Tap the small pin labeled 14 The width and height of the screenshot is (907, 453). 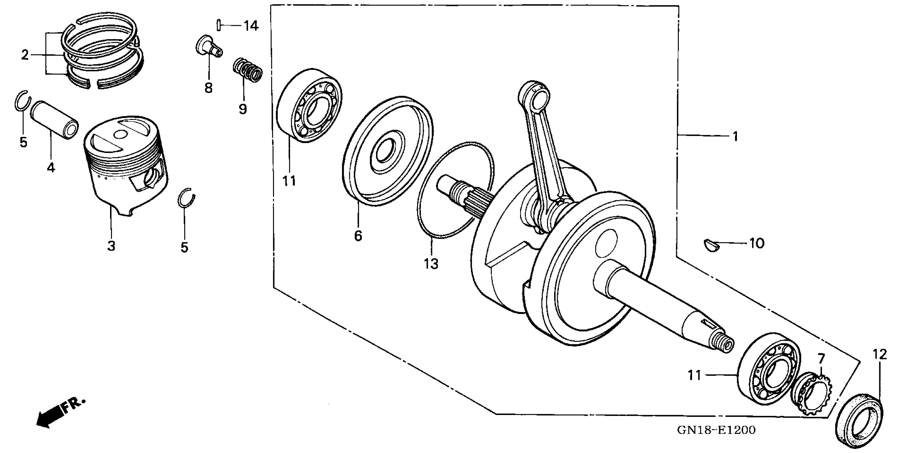[219, 25]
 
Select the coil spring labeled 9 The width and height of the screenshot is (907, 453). [248, 70]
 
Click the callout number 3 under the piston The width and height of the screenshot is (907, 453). [111, 245]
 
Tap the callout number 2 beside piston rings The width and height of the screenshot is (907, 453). [25, 55]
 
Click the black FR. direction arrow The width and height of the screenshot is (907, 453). [49, 419]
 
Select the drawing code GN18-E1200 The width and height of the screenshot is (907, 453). [716, 430]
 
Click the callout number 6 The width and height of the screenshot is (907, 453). [358, 236]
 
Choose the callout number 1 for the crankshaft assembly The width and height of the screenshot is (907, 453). [735, 136]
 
